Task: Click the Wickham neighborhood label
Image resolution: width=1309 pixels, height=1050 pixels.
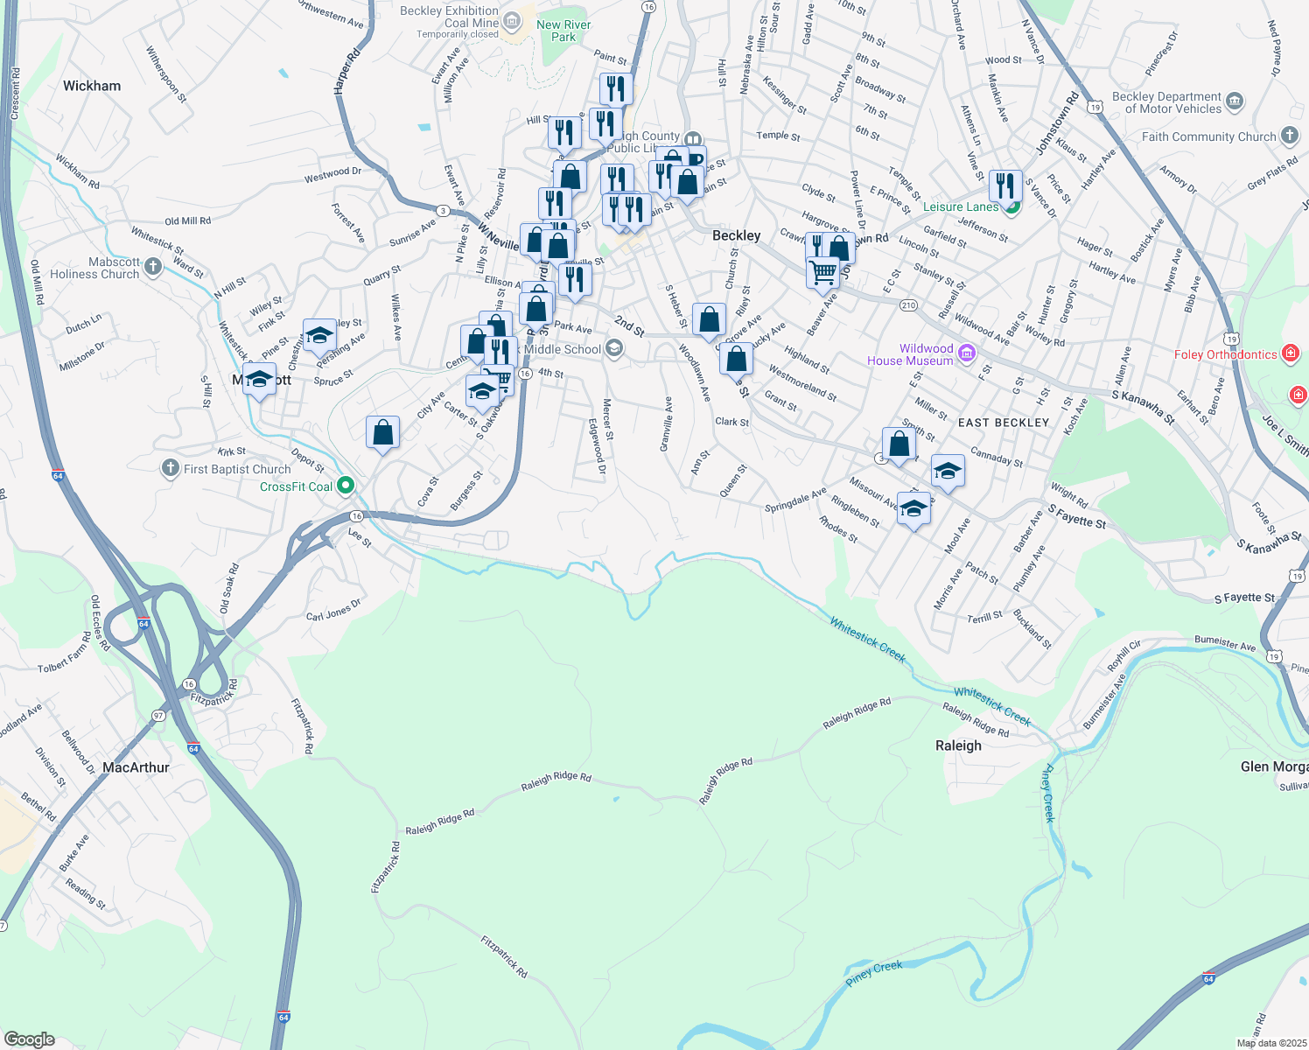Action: pos(92,86)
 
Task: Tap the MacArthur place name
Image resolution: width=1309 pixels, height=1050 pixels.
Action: pos(136,767)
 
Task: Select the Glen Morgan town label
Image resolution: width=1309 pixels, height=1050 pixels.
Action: pos(1274,766)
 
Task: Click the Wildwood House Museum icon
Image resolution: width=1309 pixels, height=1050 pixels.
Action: pos(967,353)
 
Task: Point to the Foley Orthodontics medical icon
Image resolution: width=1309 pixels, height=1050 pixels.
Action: pos(1290,353)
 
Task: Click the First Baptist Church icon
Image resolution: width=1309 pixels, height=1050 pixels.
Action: pos(171,469)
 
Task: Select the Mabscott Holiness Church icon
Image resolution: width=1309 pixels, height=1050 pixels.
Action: pos(153,266)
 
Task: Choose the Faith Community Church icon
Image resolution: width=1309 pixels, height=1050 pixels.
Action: pos(1290,136)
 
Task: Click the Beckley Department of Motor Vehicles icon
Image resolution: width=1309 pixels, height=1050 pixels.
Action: pos(1235,101)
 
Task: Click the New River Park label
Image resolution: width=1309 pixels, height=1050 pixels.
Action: pos(563,31)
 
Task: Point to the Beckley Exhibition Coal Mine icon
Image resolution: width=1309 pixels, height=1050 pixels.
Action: pos(512,18)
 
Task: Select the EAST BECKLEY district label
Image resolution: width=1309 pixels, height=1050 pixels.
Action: pos(1004,423)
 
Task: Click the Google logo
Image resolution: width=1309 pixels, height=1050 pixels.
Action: pos(29,1039)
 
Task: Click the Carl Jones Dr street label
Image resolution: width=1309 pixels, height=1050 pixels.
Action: pos(333,610)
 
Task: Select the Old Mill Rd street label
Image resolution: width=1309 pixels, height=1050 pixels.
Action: pos(187,221)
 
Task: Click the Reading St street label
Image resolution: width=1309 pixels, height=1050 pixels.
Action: pos(85,893)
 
